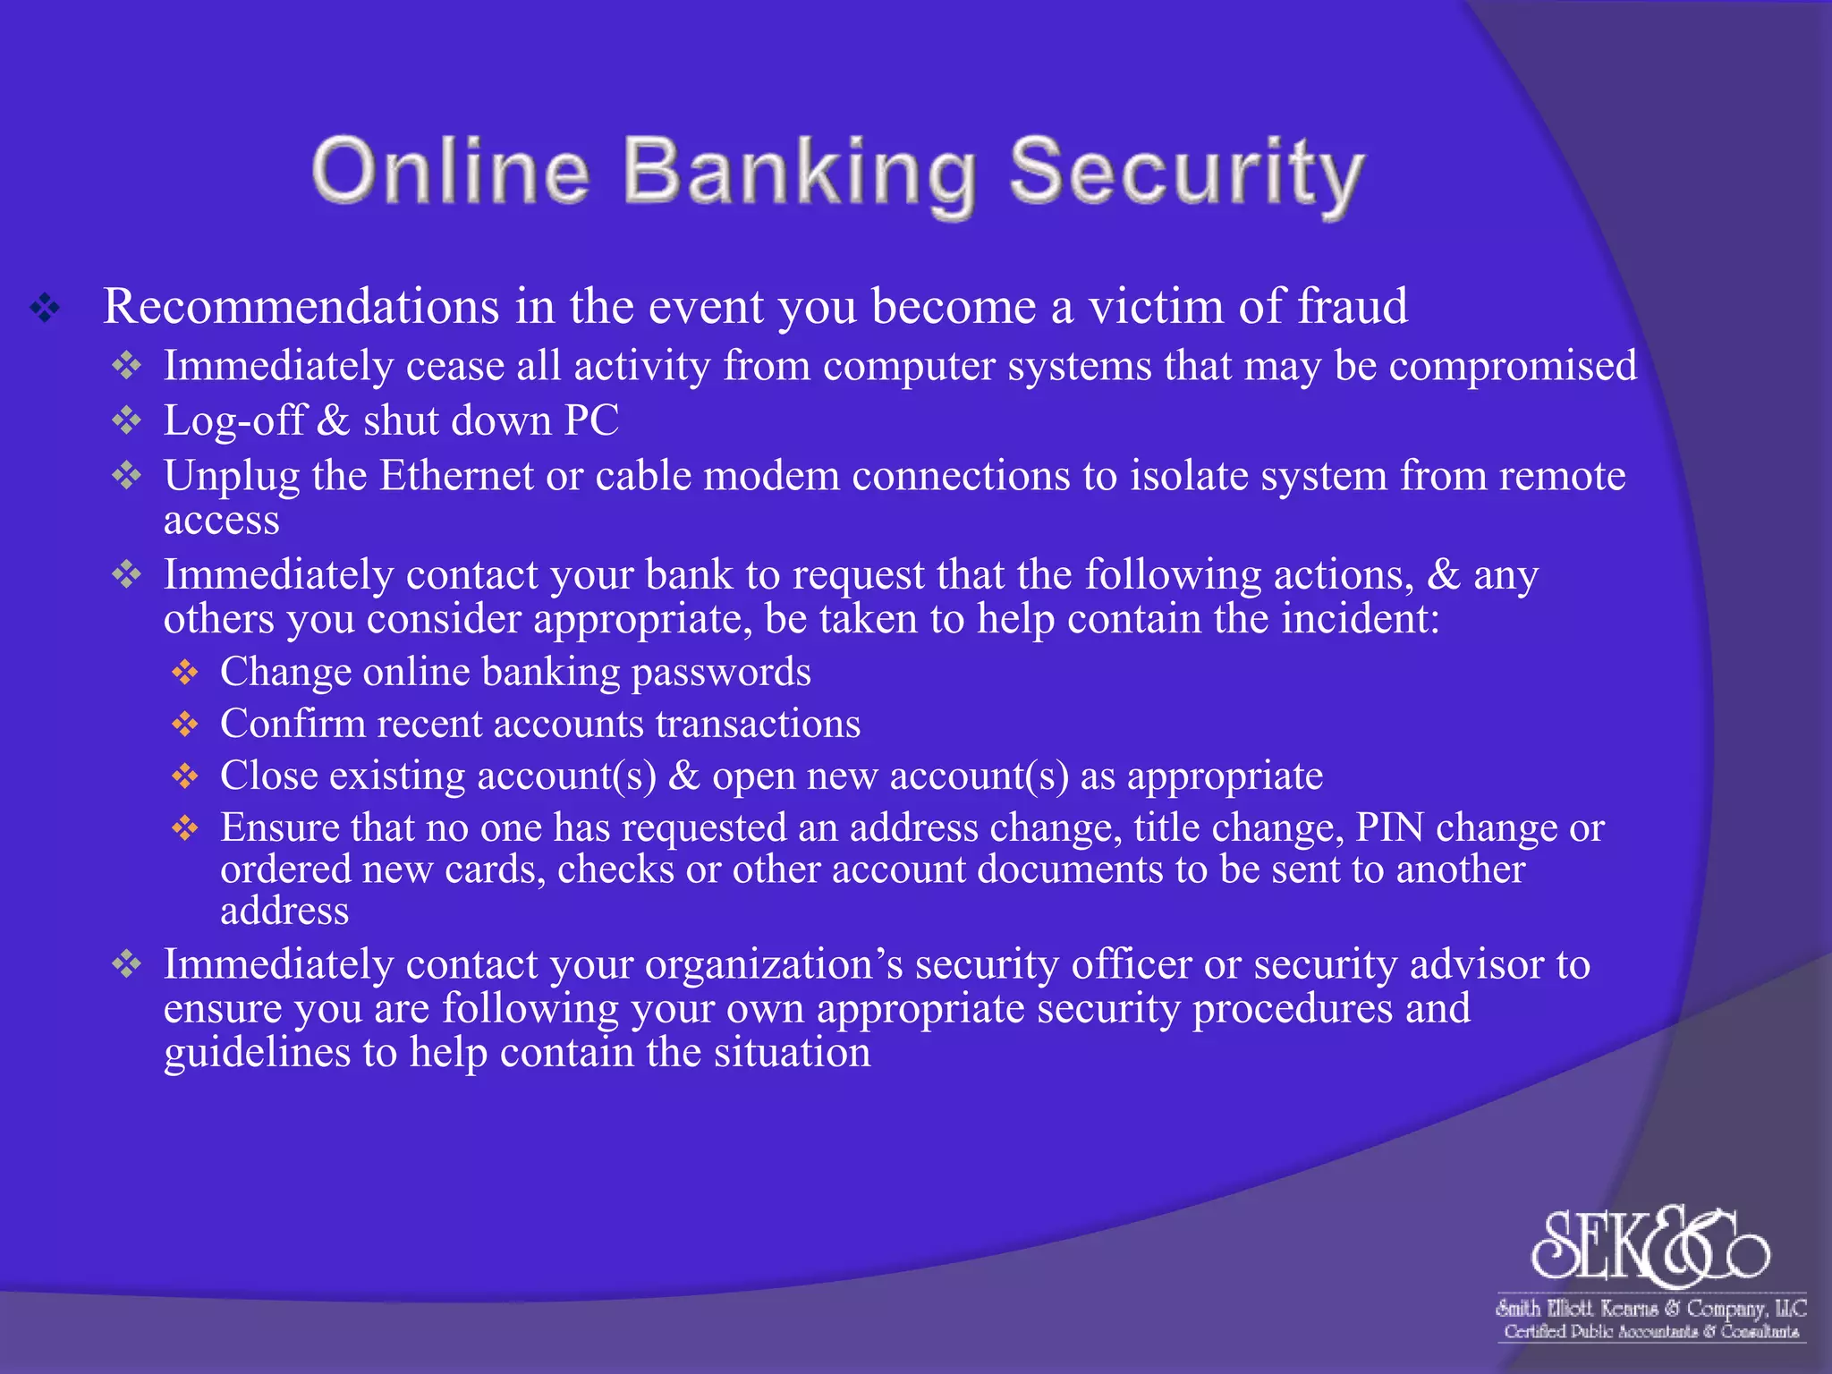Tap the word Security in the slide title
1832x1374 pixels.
coord(1186,174)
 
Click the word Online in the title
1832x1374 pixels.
coord(450,172)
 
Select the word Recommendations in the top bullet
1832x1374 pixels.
coord(301,307)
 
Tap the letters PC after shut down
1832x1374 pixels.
coord(591,420)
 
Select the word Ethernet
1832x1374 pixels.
coord(456,476)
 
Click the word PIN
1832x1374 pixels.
coord(1389,828)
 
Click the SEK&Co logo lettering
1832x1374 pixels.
coord(1650,1244)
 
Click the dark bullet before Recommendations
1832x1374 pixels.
coord(45,309)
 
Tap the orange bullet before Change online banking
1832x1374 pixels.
coord(185,673)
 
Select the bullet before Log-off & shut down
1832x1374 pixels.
coord(127,420)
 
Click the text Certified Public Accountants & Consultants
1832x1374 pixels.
coord(1651,1332)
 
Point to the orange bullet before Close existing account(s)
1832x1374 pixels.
coord(185,776)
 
